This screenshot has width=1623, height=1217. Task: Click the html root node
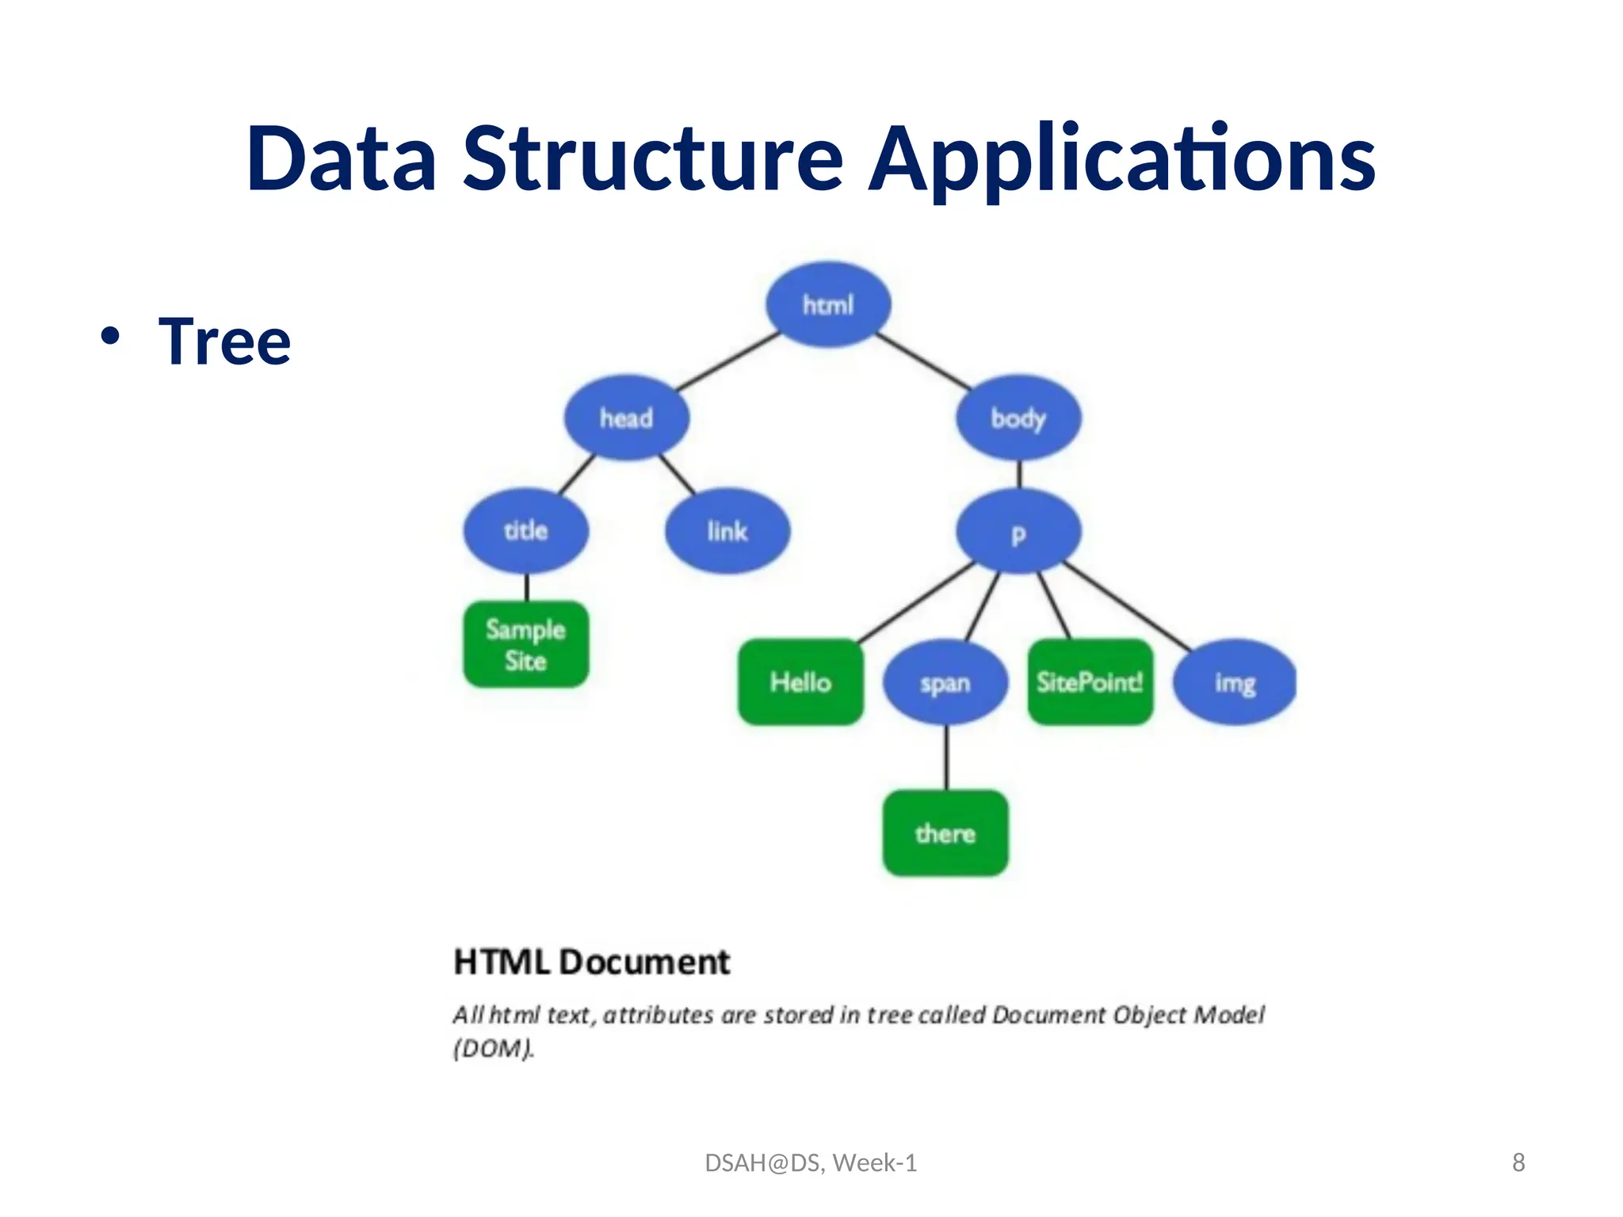point(828,305)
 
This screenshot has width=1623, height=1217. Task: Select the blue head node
point(626,418)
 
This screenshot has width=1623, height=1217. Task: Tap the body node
point(1018,418)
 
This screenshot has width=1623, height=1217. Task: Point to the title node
point(525,531)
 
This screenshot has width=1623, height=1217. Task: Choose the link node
point(727,531)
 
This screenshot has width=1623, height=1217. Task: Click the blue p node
point(1018,532)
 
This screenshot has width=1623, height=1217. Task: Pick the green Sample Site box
point(525,645)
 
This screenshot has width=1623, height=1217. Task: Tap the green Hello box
point(800,682)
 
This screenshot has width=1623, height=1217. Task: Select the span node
point(945,682)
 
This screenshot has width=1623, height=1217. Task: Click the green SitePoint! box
point(1090,682)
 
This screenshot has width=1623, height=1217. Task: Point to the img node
point(1235,682)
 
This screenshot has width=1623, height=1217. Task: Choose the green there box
point(945,834)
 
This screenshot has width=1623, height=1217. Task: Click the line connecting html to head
point(727,361)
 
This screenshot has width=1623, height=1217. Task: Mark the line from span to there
point(945,757)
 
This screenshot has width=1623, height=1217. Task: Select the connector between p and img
point(1125,606)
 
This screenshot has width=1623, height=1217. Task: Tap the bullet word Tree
point(224,341)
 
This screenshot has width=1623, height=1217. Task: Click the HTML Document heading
point(591,962)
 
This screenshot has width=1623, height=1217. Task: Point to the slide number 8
point(1518,1162)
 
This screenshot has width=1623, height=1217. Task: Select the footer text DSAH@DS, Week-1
point(811,1162)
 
